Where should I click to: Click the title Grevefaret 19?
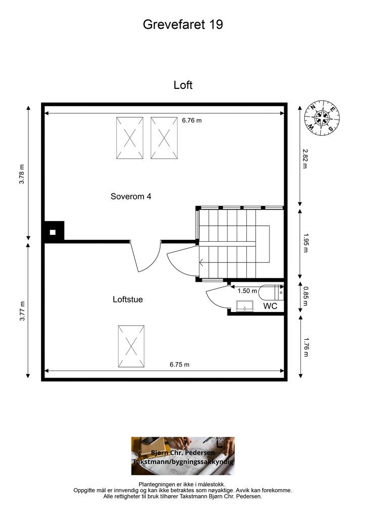click(x=183, y=24)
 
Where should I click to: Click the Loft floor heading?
click(x=183, y=85)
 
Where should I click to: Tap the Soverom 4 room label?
click(x=131, y=196)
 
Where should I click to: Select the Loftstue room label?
click(x=127, y=299)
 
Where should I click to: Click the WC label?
click(x=270, y=306)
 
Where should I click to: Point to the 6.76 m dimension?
click(x=192, y=121)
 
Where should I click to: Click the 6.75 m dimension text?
click(x=179, y=365)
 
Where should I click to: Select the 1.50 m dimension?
click(x=247, y=291)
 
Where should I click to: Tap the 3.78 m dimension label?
click(x=22, y=174)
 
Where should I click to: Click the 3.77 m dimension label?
click(x=22, y=311)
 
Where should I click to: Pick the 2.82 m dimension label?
click(x=305, y=159)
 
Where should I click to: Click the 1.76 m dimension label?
click(x=305, y=347)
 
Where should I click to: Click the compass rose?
click(x=322, y=119)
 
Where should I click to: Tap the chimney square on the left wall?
click(x=53, y=232)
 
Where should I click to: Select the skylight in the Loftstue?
click(x=131, y=347)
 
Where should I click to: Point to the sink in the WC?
click(x=245, y=306)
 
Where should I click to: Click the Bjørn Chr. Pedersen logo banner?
click(x=183, y=456)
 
